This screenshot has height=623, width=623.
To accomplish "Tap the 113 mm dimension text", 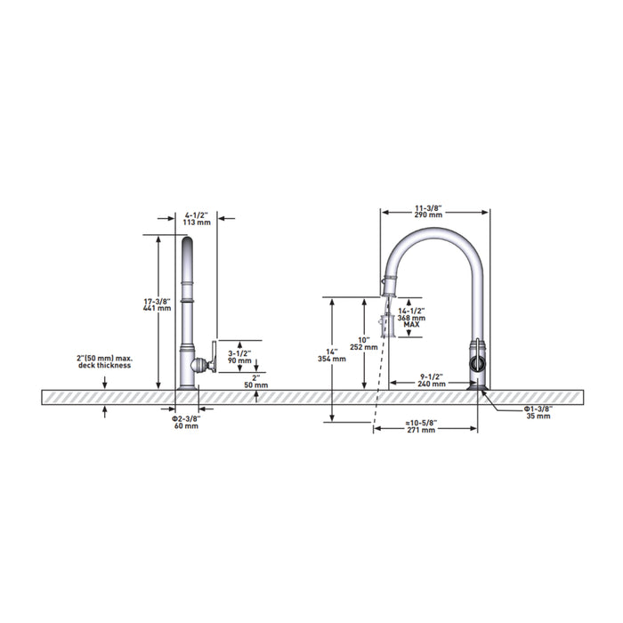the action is click(197, 222).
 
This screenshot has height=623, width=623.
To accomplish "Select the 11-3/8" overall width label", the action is click(429, 207).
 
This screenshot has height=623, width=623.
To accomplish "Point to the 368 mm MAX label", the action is click(411, 321).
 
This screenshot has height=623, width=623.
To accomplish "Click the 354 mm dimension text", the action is click(332, 360).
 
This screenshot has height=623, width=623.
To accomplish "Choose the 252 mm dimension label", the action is click(364, 347).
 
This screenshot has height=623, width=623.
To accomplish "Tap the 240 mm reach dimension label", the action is click(432, 384).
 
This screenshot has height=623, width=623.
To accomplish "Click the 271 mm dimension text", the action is click(421, 430).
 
